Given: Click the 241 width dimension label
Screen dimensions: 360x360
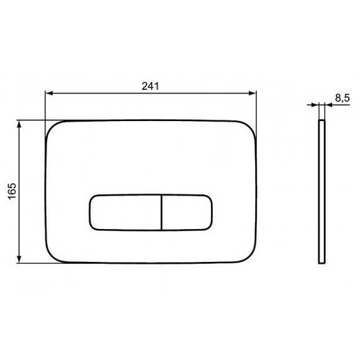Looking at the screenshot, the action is tap(150, 86).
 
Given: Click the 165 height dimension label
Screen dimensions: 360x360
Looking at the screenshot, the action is tap(12, 191).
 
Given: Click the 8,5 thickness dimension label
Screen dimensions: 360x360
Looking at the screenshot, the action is tap(343, 98).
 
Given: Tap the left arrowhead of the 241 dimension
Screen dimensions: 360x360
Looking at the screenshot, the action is tap(49, 93).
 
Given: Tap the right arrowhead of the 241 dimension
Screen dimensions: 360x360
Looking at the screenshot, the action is tap(253, 93).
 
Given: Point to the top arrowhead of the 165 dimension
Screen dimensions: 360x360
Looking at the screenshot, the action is tap(19, 124).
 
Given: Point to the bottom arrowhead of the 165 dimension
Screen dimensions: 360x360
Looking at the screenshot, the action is tap(19, 259).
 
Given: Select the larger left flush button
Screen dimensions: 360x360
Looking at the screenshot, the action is tap(125, 212).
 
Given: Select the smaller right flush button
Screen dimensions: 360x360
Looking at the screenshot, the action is tap(187, 212).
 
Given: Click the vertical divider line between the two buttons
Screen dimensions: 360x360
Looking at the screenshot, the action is tap(161, 212).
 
